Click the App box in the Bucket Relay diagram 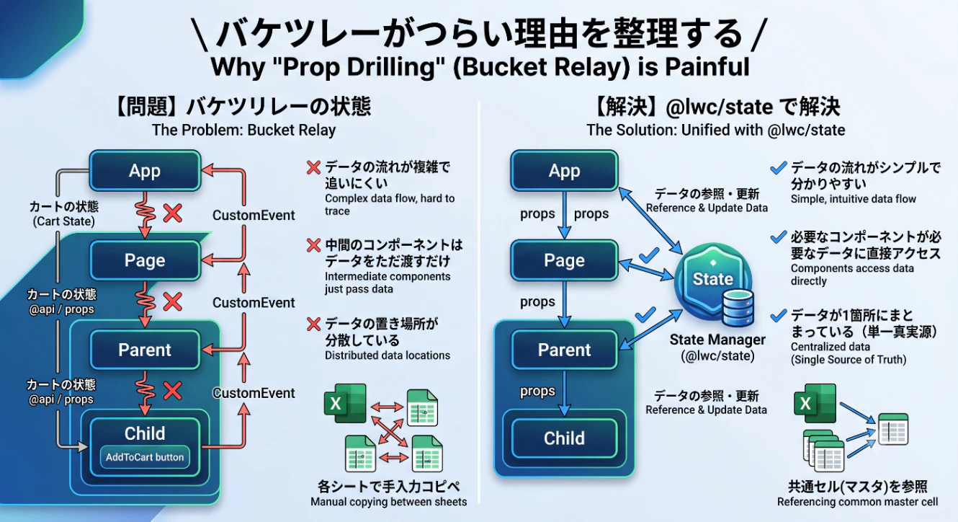[145, 170]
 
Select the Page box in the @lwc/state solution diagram [564, 260]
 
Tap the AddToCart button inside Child [145, 457]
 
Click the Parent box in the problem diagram [145, 350]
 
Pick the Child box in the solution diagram [564, 438]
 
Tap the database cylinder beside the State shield [738, 307]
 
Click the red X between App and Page [173, 213]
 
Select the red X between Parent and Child [173, 391]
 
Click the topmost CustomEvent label [254, 215]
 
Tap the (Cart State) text [63, 221]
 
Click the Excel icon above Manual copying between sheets [345, 403]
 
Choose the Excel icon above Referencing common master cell [815, 403]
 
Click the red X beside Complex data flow [313, 167]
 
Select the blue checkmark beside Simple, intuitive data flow [779, 167]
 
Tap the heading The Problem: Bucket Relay [243, 130]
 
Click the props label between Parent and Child [537, 391]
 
